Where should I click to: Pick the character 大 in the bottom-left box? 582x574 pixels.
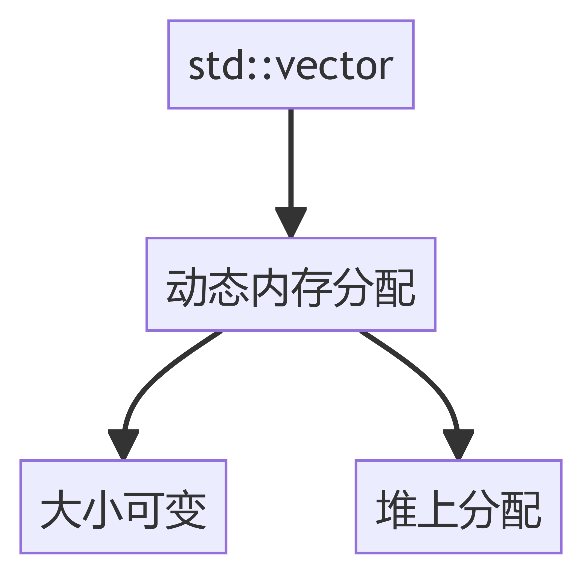click(61, 509)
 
